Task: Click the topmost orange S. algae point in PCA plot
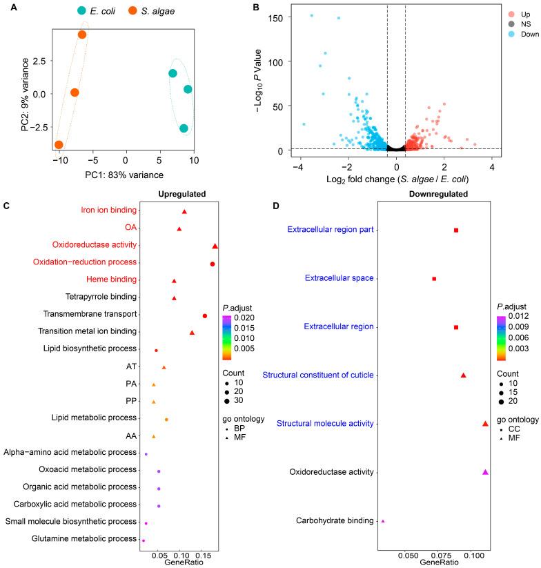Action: point(82,35)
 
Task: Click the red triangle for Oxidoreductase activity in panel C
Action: point(215,246)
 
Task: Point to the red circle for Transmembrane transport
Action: point(205,315)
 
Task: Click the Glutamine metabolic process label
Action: point(83,540)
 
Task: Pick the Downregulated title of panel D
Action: point(433,195)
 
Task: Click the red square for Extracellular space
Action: point(434,279)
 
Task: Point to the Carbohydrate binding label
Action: point(335,520)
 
